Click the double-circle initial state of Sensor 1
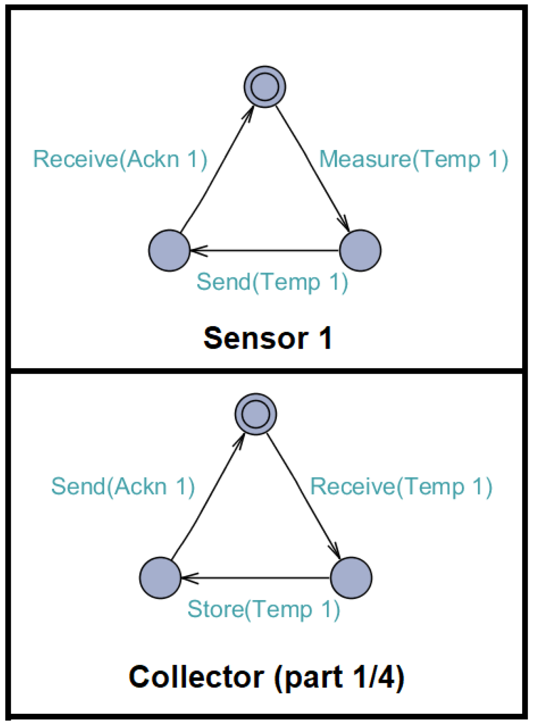(x=265, y=87)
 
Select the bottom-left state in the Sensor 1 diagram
(x=169, y=250)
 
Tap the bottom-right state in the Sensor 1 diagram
(x=360, y=250)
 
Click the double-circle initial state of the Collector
(x=256, y=414)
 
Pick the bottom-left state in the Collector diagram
(x=160, y=578)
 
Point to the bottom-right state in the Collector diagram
(x=351, y=578)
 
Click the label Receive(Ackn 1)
(x=120, y=159)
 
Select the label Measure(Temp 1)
(x=413, y=160)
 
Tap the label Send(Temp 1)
(x=272, y=282)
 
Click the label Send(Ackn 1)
(x=123, y=486)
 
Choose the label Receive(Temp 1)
(x=401, y=487)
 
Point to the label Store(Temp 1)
(x=263, y=610)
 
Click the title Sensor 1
(x=267, y=338)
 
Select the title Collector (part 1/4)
(x=266, y=677)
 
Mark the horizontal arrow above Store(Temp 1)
(x=255, y=578)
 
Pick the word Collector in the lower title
(x=196, y=677)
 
